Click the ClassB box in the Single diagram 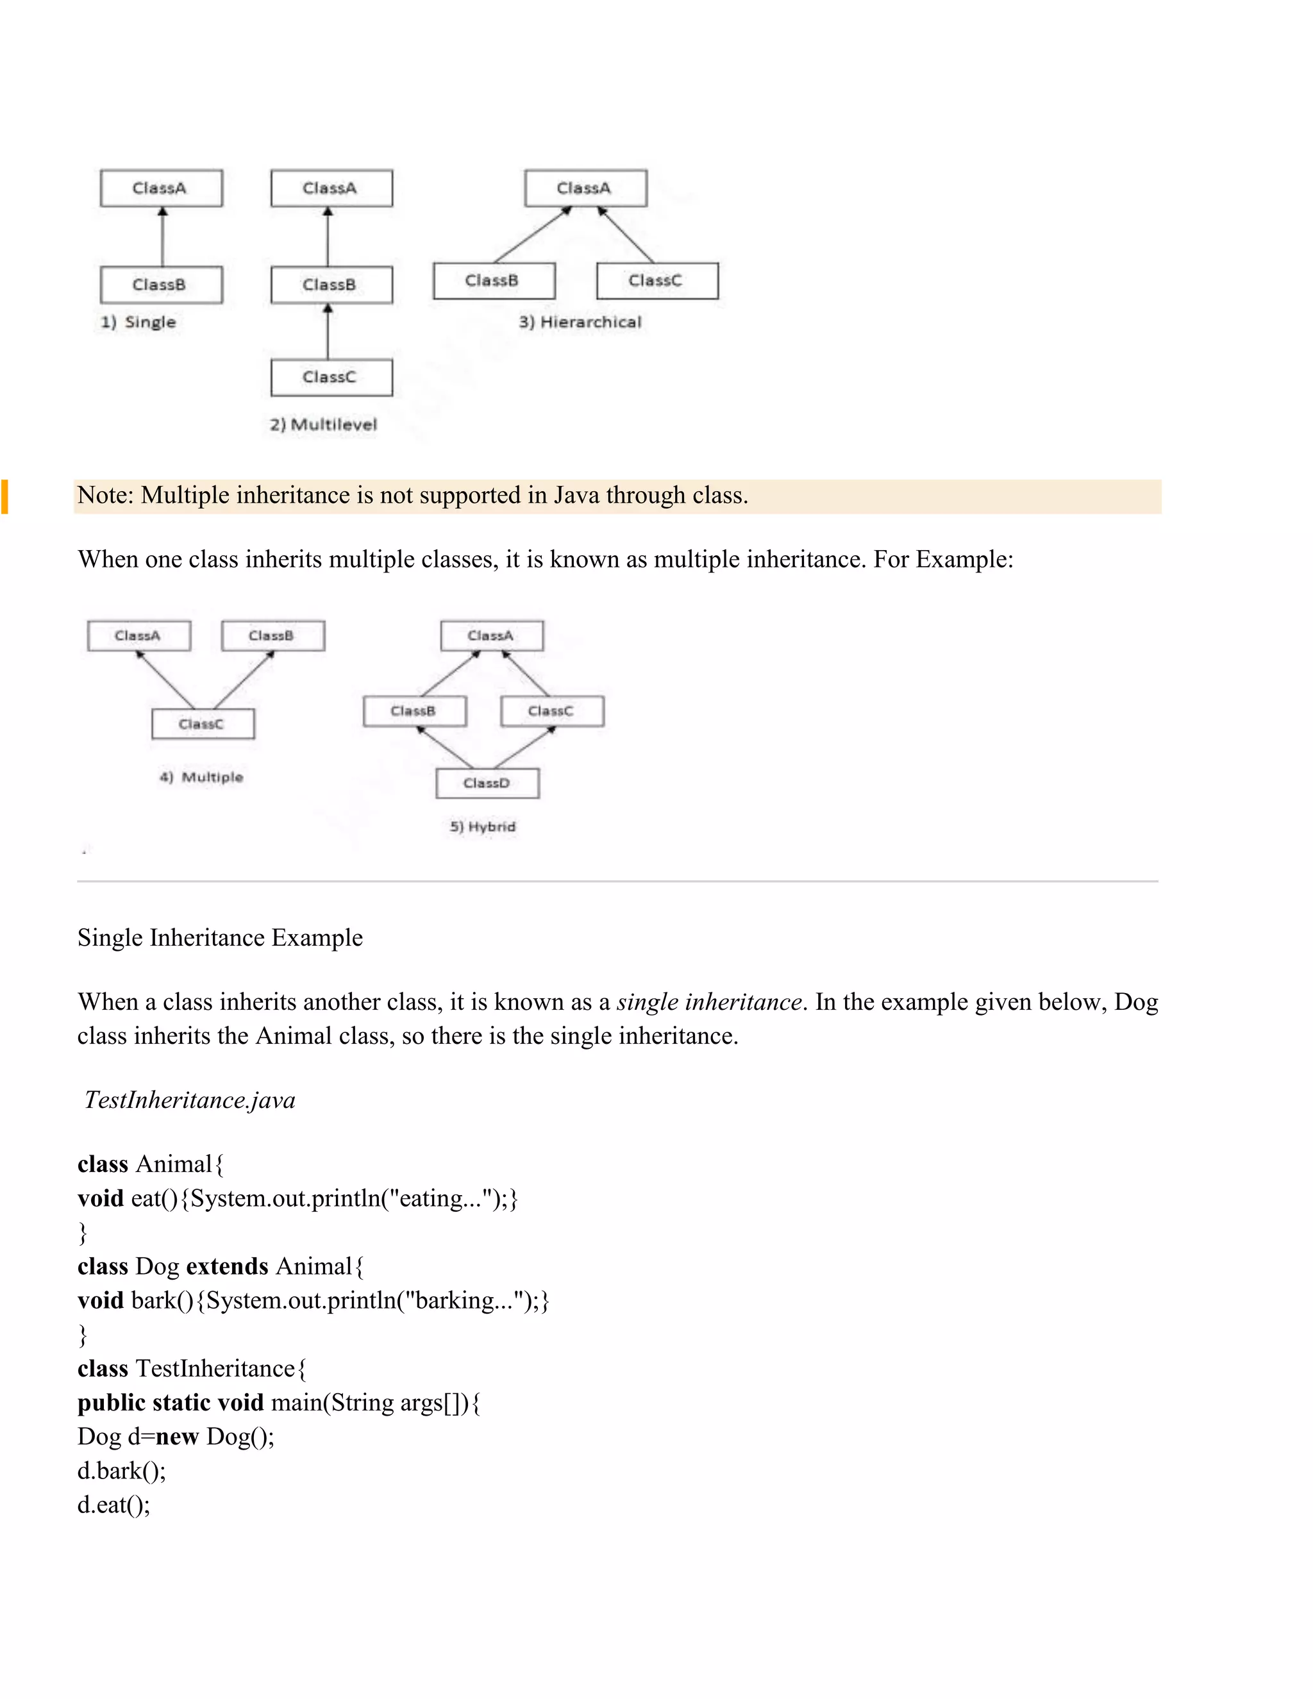(161, 285)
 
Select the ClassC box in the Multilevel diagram (331, 377)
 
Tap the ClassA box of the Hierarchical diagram (585, 188)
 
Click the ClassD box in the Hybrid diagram (487, 783)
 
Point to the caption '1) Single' (138, 322)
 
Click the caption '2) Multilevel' (324, 424)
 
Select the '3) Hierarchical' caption (580, 322)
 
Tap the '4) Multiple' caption (201, 777)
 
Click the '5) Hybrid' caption (482, 826)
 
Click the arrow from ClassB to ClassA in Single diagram (163, 237)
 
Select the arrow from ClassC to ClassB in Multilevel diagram (328, 332)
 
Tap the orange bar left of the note (4, 496)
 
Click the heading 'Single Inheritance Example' (220, 937)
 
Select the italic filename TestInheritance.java (190, 1100)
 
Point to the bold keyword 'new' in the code (178, 1437)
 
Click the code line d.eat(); (113, 1505)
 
